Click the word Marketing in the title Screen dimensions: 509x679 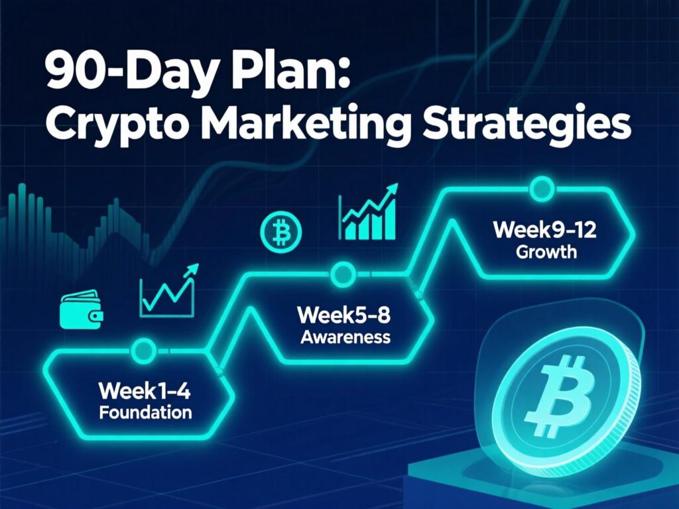point(301,126)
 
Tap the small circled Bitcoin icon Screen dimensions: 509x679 point(282,232)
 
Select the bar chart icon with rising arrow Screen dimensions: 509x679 point(369,212)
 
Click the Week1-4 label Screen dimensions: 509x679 point(145,391)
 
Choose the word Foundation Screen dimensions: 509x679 point(145,413)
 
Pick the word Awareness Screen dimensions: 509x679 point(345,337)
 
